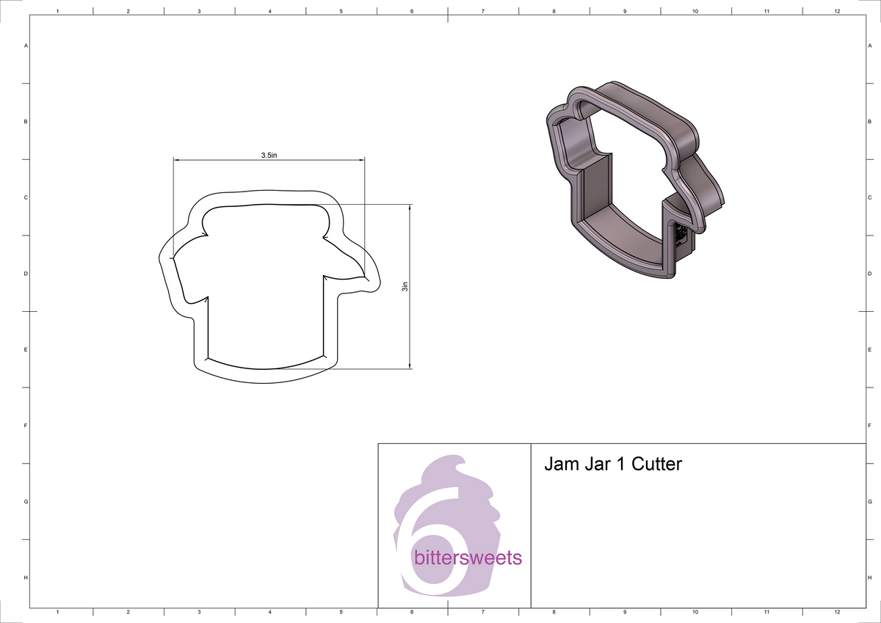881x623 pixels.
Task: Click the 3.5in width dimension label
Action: [269, 156]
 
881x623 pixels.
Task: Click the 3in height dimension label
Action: [405, 286]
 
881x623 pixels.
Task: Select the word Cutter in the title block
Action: [657, 464]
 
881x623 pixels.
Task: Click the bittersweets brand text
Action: [468, 558]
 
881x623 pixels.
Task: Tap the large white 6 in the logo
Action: [426, 543]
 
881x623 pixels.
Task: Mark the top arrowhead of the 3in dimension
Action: [410, 208]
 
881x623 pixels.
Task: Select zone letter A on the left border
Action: [26, 45]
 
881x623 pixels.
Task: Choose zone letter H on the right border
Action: [869, 578]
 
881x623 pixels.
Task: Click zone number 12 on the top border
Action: [838, 12]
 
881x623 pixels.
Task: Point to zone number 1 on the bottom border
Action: [57, 611]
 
